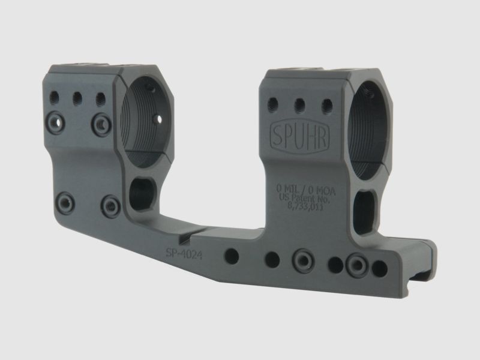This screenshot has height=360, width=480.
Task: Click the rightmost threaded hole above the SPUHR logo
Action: click(x=326, y=106)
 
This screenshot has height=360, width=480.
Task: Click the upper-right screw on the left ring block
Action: click(x=101, y=124)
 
